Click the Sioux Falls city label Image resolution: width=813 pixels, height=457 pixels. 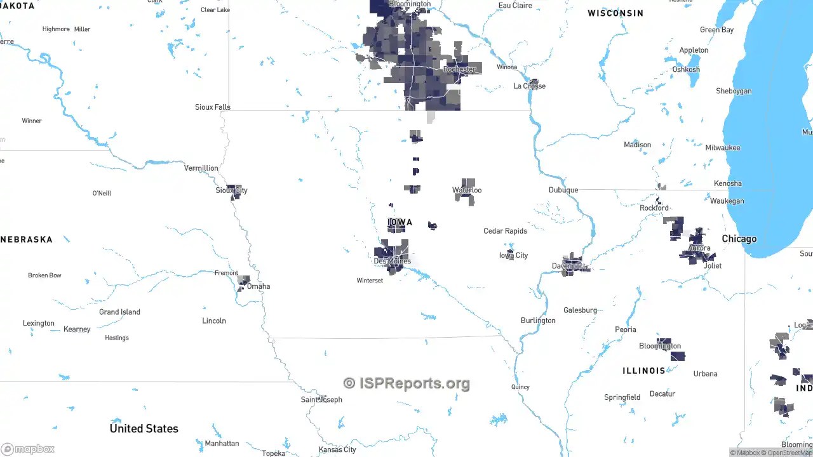coord(212,107)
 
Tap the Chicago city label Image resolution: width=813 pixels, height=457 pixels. coord(739,239)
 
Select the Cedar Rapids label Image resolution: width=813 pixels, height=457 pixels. coord(505,231)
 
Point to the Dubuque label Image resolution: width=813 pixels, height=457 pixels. coord(563,190)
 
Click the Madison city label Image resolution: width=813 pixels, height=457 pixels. coord(637,145)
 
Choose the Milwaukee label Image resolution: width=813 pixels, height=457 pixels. coord(722,148)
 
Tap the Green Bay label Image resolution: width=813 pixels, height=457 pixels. coord(716,30)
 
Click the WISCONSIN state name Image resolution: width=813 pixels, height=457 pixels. coord(615,13)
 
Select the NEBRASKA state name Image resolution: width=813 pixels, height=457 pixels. coord(27,240)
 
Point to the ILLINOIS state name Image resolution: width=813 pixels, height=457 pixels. coord(643,371)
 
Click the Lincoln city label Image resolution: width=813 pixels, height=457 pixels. coord(214,321)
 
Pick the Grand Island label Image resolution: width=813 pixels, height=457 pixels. coord(119,312)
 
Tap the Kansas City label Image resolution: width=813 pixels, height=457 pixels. coord(337,449)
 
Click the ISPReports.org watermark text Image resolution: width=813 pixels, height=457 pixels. coord(406,383)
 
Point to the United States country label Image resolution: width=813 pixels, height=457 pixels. coord(144,428)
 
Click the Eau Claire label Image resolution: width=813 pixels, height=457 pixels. coord(515,6)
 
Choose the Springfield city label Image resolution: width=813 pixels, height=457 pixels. coord(622,398)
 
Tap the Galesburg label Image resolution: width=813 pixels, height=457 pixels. coord(580,310)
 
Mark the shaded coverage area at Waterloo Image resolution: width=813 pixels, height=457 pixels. coord(466,192)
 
